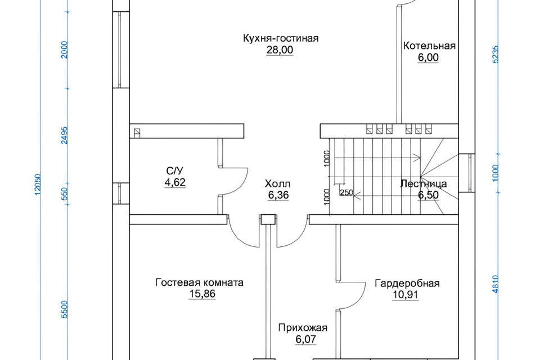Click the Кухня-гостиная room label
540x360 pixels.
tap(281, 38)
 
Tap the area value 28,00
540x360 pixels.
tap(280, 50)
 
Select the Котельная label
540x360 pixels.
tap(429, 46)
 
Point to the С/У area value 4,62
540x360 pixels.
tap(175, 182)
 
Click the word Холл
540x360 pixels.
tap(278, 184)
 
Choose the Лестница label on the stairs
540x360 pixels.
tap(424, 183)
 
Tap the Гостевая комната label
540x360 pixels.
tap(199, 282)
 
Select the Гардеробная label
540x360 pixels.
tap(407, 283)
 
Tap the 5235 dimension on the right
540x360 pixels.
tap(496, 55)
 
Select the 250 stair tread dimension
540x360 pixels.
tap(346, 192)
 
